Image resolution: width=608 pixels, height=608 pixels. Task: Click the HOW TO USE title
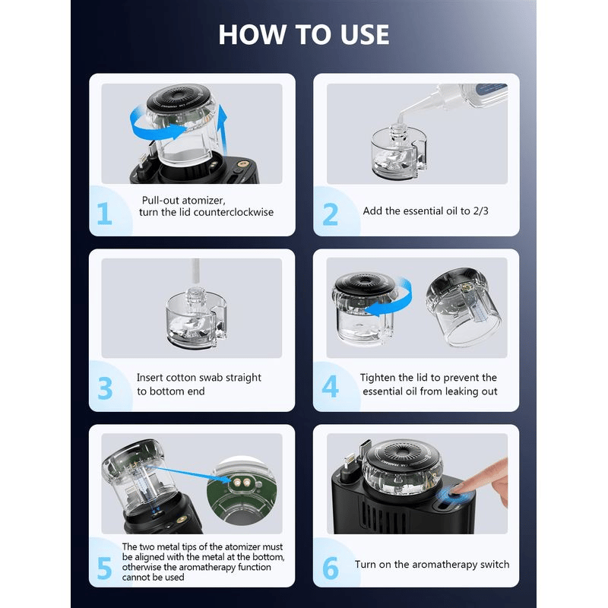tap(303, 34)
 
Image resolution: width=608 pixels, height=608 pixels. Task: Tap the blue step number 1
tap(104, 214)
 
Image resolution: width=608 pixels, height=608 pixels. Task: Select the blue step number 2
tap(330, 214)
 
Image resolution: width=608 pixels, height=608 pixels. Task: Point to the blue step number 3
tap(105, 388)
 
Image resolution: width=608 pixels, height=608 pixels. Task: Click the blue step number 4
tap(330, 386)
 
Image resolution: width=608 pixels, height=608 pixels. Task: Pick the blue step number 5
tap(104, 568)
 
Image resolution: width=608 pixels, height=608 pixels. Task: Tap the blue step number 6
tap(331, 568)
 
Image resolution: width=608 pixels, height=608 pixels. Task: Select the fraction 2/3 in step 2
tap(480, 211)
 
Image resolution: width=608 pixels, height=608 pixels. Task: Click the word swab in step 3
tap(211, 378)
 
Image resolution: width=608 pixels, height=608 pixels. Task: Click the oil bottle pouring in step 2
tap(453, 98)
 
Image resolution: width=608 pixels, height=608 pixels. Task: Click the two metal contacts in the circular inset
tap(241, 483)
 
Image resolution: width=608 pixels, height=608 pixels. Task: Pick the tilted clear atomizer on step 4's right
tap(464, 306)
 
